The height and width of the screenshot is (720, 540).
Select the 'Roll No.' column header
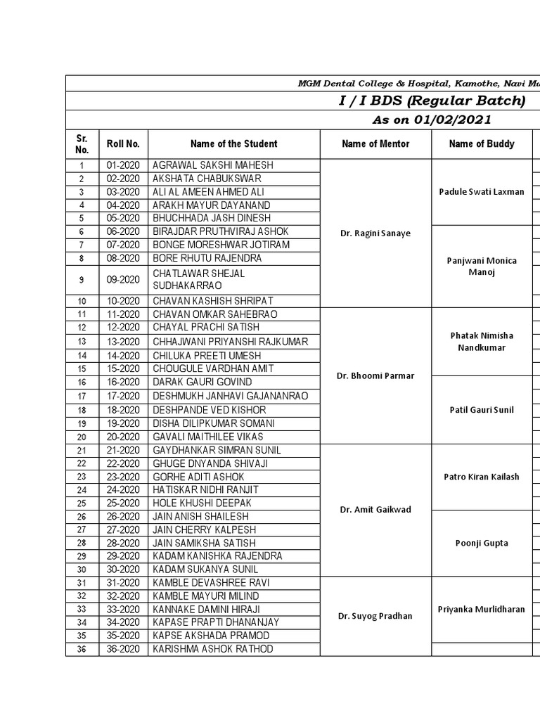[123, 144]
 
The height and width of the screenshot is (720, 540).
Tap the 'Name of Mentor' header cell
[375, 144]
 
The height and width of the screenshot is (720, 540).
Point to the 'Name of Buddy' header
[482, 144]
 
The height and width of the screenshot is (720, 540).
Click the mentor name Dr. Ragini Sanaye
[375, 232]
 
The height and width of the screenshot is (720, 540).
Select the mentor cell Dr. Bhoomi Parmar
[375, 375]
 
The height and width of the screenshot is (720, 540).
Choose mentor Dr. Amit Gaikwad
[375, 510]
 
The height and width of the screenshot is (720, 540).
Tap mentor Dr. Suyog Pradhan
[375, 616]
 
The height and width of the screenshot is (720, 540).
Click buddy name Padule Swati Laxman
[482, 191]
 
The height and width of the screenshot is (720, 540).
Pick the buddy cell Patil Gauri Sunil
[482, 410]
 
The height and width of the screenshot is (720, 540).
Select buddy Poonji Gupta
[482, 543]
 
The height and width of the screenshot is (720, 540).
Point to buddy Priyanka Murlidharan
[482, 610]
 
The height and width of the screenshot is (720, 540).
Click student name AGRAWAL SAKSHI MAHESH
[212, 165]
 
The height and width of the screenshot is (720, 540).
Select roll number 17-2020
[123, 397]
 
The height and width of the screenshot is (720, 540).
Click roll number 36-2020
[123, 649]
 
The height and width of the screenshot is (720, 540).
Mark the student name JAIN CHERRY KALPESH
[204, 529]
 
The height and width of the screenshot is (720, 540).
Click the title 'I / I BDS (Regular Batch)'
[432, 101]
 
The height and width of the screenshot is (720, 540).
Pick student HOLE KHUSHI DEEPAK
[202, 503]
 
